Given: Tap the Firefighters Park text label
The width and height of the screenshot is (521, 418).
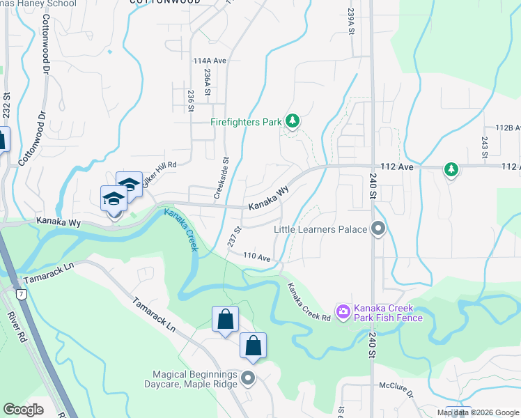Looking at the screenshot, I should click(x=247, y=122).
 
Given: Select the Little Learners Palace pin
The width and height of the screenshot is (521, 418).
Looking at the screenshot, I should click(x=378, y=229).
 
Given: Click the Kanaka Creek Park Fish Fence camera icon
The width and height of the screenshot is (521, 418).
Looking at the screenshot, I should click(x=343, y=312).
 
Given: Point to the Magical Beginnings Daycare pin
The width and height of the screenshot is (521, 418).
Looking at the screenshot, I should click(x=249, y=379).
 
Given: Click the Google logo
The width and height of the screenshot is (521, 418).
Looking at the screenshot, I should click(x=24, y=410).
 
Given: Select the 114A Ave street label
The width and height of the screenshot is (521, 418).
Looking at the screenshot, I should click(x=210, y=61).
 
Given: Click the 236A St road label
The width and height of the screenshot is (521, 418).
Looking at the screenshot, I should click(x=207, y=82).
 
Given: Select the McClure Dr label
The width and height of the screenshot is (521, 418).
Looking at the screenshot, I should click(x=397, y=385).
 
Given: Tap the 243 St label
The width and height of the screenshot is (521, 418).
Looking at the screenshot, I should click(x=483, y=146).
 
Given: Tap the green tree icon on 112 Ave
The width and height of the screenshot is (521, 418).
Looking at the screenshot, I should click(x=451, y=169).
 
